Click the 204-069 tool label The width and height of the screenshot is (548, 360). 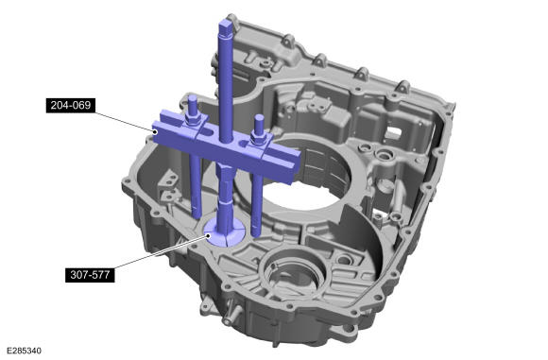click(x=71, y=105)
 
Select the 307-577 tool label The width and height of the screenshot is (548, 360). click(x=90, y=275)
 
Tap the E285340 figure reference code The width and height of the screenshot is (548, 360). click(x=24, y=351)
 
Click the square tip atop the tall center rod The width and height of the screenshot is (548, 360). click(x=226, y=26)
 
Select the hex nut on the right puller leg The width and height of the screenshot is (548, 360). click(x=258, y=139)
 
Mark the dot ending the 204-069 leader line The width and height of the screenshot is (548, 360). click(x=155, y=131)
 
